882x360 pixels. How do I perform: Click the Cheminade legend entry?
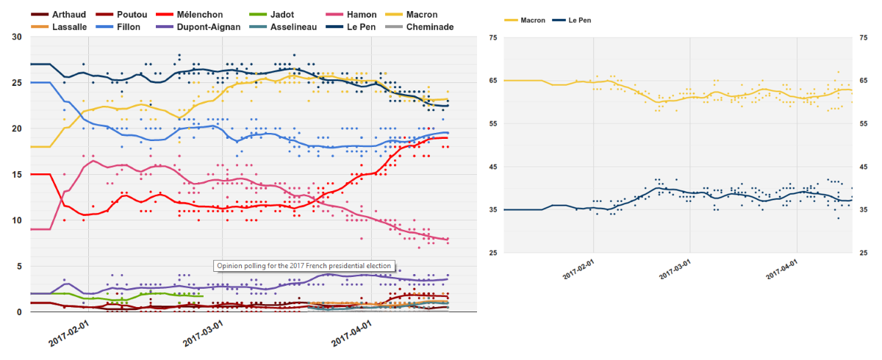pos(427,27)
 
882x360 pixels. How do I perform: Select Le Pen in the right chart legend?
pos(580,20)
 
